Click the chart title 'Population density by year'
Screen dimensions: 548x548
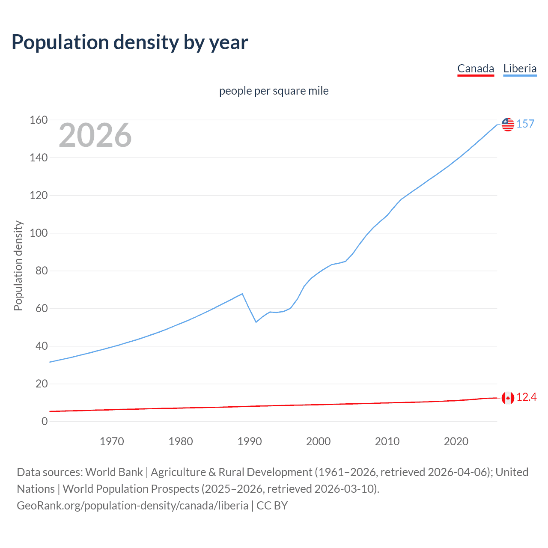point(130,42)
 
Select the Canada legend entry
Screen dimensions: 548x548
point(476,68)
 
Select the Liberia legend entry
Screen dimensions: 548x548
point(520,68)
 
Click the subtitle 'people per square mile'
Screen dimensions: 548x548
point(274,91)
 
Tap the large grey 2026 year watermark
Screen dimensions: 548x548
point(95,135)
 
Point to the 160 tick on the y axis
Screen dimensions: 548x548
point(39,120)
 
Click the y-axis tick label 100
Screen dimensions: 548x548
point(39,233)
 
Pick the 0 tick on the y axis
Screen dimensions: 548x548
point(45,421)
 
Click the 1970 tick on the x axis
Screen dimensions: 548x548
point(112,441)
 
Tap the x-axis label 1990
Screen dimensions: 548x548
point(250,441)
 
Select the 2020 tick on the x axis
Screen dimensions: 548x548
point(456,441)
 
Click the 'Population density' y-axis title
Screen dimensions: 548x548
point(18,265)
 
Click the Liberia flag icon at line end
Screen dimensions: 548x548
point(508,124)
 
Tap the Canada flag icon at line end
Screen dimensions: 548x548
point(508,398)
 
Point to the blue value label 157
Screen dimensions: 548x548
point(525,124)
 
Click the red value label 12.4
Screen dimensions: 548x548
point(526,397)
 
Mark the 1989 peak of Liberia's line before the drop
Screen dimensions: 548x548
point(243,294)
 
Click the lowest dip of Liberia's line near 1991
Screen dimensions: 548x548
point(256,322)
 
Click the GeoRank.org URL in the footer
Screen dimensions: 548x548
point(133,506)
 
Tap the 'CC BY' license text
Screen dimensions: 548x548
point(272,506)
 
